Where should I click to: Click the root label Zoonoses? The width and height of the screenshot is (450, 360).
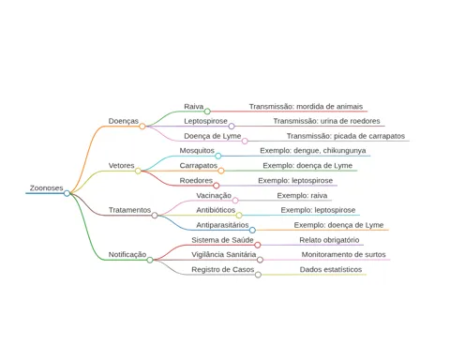(x=46, y=187)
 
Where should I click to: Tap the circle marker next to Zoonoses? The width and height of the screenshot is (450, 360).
(x=67, y=193)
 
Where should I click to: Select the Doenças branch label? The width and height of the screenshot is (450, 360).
(x=124, y=121)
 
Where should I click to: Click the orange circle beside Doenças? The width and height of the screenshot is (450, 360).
(x=142, y=127)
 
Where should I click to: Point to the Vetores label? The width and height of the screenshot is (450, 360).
(x=121, y=165)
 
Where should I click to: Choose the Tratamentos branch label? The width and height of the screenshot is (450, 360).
(x=129, y=210)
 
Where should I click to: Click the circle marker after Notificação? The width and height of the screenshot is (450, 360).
(x=150, y=260)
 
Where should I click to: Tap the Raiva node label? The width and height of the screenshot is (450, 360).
(x=194, y=106)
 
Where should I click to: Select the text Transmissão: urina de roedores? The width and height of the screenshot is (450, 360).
(x=326, y=121)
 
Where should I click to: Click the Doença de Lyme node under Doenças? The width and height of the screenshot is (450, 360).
(x=213, y=136)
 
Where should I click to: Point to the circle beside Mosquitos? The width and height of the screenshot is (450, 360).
(x=218, y=156)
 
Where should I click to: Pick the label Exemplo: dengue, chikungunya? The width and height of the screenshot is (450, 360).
(x=313, y=151)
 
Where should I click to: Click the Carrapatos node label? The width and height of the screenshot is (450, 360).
(x=199, y=165)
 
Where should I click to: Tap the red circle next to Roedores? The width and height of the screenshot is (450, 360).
(x=217, y=186)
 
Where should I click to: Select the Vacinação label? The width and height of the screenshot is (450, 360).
(x=214, y=195)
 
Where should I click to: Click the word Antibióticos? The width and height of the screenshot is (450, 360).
(x=216, y=210)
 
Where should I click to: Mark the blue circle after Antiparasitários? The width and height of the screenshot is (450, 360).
(x=252, y=231)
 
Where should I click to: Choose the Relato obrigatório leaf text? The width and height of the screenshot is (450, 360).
(x=329, y=240)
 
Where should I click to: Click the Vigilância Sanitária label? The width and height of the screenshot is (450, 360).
(x=224, y=254)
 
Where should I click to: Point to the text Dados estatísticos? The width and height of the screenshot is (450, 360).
(x=331, y=269)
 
